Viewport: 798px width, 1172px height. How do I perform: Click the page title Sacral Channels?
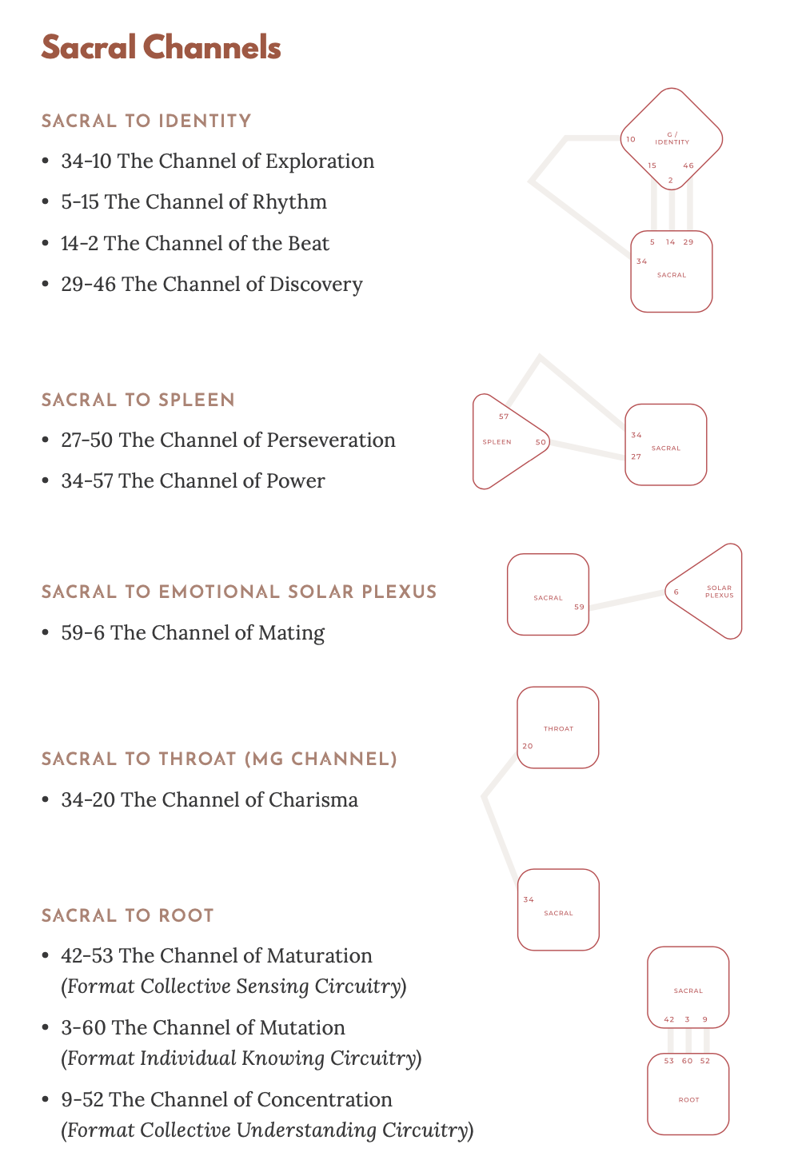tap(161, 48)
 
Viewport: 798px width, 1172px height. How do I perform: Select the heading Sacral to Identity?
tap(146, 121)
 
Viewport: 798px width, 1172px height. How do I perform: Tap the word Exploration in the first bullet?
tap(319, 161)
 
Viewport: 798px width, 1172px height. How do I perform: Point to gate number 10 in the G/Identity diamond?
tap(631, 140)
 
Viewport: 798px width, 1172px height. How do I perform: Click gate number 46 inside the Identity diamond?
tap(688, 166)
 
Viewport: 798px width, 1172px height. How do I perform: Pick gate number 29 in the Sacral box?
tap(688, 242)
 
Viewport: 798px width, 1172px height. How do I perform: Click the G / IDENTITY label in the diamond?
tap(672, 139)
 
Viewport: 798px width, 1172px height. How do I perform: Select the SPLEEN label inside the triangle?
tap(497, 442)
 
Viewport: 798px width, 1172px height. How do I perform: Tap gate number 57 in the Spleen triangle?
tap(504, 417)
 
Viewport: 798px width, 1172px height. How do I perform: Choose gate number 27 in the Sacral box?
tap(636, 457)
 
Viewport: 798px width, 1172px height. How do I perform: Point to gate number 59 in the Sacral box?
tap(579, 608)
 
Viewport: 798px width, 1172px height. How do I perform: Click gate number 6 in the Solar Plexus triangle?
tap(676, 592)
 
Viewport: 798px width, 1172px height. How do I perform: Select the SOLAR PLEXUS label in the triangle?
tap(719, 592)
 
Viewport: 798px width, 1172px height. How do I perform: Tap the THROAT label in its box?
tap(558, 729)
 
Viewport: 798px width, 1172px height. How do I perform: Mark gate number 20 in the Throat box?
tap(528, 747)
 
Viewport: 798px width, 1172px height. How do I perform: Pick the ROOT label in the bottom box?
tap(688, 1100)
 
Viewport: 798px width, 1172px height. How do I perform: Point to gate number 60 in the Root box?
tap(687, 1062)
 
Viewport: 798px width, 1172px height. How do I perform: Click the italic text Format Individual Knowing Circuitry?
tap(241, 1058)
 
